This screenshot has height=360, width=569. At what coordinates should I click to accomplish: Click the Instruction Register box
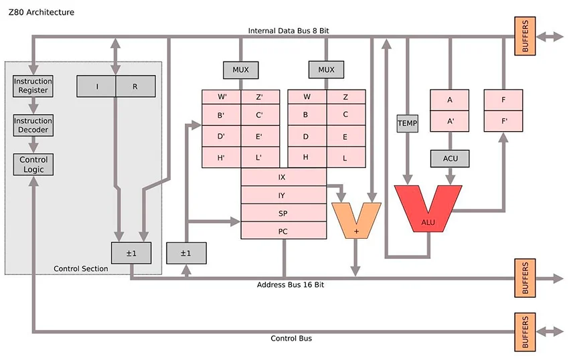(33, 86)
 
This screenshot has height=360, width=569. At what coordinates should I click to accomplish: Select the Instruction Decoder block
(33, 125)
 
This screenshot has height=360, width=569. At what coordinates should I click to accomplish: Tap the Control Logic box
(33, 165)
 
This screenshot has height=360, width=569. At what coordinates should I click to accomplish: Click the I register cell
(96, 86)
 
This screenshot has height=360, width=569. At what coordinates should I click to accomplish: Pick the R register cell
(136, 86)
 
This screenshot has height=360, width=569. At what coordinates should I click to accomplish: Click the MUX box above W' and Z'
(240, 70)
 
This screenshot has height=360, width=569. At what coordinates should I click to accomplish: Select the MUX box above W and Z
(326, 70)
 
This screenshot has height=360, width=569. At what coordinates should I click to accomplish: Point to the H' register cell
(221, 157)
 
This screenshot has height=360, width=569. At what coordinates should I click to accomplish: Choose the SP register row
(283, 213)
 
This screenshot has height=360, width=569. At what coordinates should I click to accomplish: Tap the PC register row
(283, 230)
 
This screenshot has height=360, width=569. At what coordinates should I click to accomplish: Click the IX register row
(283, 177)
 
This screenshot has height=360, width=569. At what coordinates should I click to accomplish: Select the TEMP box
(408, 123)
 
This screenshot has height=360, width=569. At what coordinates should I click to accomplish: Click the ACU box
(450, 159)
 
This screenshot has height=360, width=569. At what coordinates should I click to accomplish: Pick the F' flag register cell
(503, 121)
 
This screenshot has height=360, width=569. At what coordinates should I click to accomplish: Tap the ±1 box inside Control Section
(131, 253)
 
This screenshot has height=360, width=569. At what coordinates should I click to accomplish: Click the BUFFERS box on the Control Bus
(525, 332)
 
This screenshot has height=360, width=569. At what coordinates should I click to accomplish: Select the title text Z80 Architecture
(42, 12)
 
